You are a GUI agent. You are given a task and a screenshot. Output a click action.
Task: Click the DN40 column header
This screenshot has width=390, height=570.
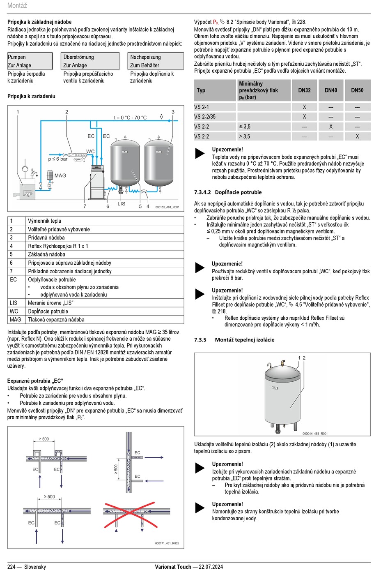pos(330,90)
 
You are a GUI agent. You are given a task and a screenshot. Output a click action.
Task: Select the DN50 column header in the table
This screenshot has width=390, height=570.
pos(357,90)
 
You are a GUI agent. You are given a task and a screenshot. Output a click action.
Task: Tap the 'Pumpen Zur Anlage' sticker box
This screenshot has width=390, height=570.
pos(30,61)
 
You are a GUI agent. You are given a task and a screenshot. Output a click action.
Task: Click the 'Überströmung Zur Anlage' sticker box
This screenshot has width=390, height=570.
pos(91,61)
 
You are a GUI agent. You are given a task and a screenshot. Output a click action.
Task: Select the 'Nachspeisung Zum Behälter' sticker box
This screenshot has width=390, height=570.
pos(156,61)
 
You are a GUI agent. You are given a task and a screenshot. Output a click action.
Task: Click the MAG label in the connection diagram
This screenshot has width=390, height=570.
pos(60,175)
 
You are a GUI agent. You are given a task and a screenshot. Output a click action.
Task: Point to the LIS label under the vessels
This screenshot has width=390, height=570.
pos(121,204)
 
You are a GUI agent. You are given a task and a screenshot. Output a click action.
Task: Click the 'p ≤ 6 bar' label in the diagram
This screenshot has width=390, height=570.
pos(58,159)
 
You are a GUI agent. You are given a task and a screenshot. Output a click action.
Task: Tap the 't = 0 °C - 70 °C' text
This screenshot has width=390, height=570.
pos(130,118)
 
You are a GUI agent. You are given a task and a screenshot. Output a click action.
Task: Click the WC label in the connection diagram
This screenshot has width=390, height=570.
pos(90,152)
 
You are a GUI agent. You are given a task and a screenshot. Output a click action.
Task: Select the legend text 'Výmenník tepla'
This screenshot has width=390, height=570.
pos(44,221)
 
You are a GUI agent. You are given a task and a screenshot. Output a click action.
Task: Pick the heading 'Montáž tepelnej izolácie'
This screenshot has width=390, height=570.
pos(244,340)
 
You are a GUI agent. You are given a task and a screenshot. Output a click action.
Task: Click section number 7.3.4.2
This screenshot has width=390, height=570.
pos(202,192)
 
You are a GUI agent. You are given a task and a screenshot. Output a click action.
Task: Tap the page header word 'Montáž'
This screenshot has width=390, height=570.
pos(17,5)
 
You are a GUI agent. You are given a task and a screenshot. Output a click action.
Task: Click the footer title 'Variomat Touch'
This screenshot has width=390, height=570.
pos(173,567)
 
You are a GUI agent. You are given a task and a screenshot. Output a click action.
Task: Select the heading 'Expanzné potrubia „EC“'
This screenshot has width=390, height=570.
pos(35,381)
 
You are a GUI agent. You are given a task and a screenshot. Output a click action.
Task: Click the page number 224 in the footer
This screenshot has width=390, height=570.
pos(11,567)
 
